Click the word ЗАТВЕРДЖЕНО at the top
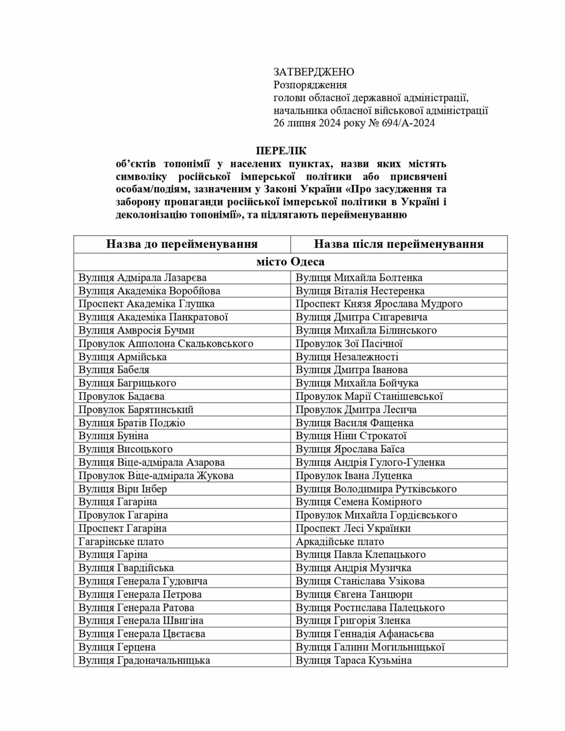(314, 72)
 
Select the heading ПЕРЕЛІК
(281, 151)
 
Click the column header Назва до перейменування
(182, 244)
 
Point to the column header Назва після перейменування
(399, 244)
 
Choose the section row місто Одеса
(290, 262)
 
